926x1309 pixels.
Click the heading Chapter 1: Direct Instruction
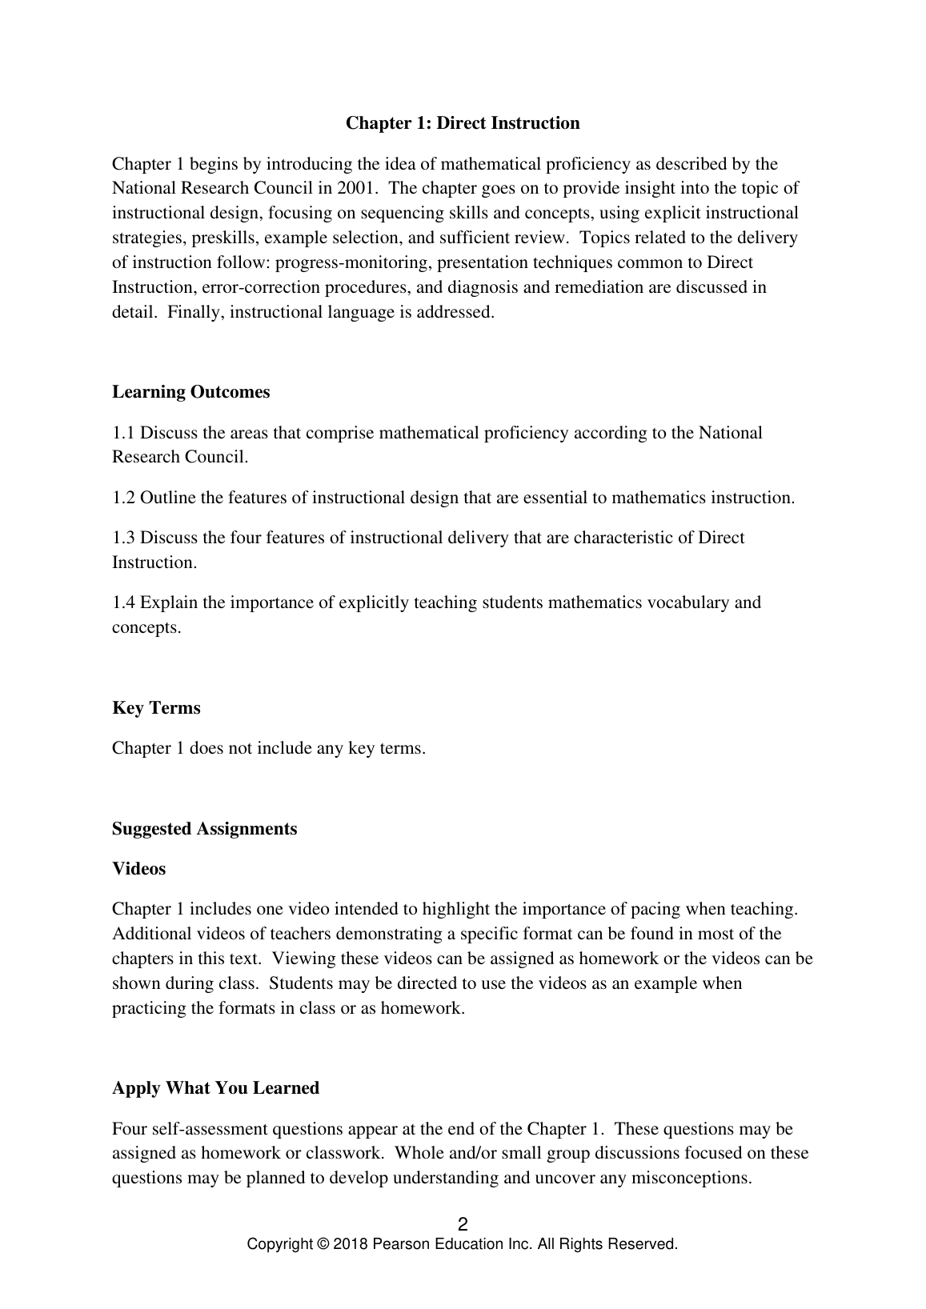click(463, 123)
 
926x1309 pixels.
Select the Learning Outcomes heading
click(191, 392)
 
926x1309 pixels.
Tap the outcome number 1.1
click(123, 433)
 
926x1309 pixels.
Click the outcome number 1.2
click(123, 498)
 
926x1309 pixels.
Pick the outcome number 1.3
click(123, 538)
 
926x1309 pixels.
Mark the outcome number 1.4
click(123, 602)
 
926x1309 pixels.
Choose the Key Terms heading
click(156, 708)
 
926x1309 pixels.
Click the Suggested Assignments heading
click(204, 829)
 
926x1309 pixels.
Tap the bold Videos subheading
click(138, 869)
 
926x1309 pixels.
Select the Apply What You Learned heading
click(215, 1088)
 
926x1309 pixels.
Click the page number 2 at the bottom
click(463, 1224)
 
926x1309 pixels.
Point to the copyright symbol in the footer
click(323, 1244)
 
